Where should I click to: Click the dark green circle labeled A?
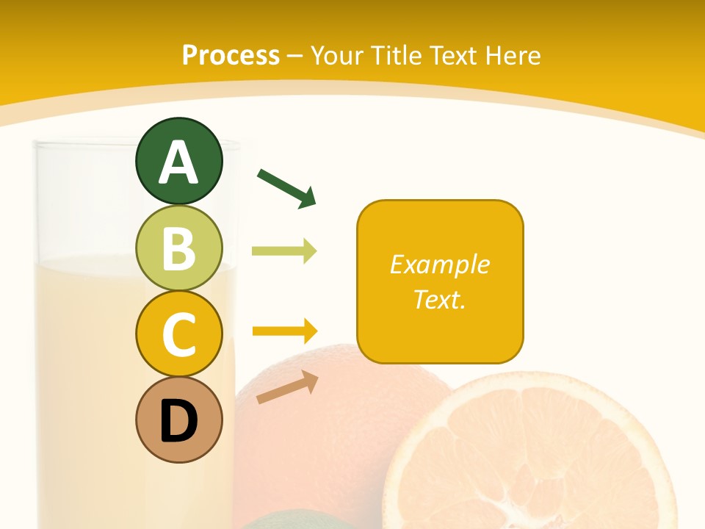(x=178, y=161)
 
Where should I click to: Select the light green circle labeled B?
(x=178, y=248)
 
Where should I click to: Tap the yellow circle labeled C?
(x=178, y=334)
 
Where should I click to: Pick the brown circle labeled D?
(x=178, y=420)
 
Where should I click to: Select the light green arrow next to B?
(x=284, y=251)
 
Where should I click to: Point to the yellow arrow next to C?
(x=285, y=331)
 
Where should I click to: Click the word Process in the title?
(x=231, y=55)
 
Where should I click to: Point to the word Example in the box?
(x=439, y=264)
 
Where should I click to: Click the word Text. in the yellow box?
(x=439, y=299)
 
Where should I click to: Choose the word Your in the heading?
(x=338, y=55)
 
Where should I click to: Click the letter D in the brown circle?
(x=178, y=421)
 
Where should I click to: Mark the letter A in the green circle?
(x=178, y=162)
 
